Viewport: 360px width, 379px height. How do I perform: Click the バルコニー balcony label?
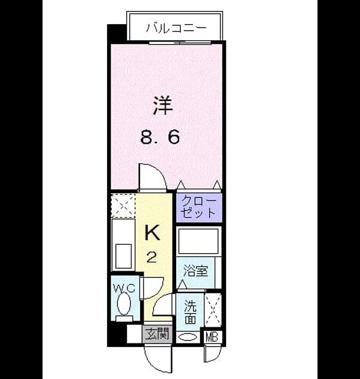click(176, 28)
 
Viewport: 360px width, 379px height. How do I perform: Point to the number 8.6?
click(160, 137)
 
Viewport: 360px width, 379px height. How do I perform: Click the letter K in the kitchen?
click(153, 232)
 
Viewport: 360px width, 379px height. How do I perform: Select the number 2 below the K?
click(151, 257)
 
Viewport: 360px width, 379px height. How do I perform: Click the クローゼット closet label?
click(199, 208)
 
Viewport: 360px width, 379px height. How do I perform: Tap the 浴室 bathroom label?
click(195, 270)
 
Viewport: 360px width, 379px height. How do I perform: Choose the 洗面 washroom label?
click(191, 312)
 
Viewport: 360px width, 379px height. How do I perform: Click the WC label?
click(124, 288)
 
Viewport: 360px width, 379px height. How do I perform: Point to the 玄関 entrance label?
click(157, 334)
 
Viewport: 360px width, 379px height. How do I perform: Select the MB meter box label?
click(212, 337)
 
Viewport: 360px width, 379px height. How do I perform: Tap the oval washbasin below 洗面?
click(188, 337)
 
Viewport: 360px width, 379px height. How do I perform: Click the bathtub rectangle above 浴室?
click(198, 241)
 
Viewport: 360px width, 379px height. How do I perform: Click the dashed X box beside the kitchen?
click(123, 205)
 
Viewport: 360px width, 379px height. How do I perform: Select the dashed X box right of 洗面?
click(213, 310)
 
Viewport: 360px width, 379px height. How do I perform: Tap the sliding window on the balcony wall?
click(180, 43)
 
